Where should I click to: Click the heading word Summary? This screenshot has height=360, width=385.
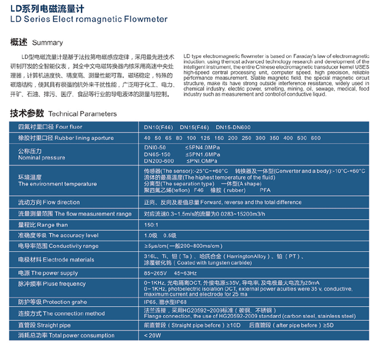click(47, 42)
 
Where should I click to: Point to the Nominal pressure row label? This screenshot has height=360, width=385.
click(41, 157)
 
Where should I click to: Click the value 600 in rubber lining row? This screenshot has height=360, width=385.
click(315, 138)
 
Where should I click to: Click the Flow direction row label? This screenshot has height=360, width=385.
click(49, 202)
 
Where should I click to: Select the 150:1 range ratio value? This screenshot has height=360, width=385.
click(151, 225)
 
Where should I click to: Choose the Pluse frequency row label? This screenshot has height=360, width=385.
click(52, 284)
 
